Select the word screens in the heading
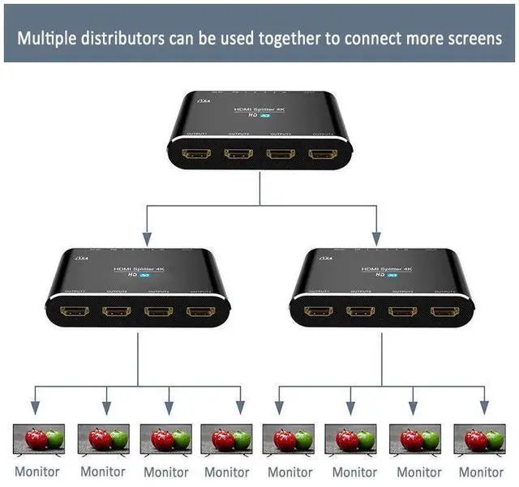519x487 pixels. point(474,38)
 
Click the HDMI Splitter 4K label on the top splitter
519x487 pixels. point(259,109)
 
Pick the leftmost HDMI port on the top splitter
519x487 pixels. point(197,153)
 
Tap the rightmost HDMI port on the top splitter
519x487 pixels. point(322,153)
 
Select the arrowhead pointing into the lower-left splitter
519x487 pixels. point(147,238)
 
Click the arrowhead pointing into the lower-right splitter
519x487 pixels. point(376,238)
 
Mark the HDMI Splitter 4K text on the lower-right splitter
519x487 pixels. point(383,270)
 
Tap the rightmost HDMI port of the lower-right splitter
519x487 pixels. point(444,311)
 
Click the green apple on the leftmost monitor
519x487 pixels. point(54,438)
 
